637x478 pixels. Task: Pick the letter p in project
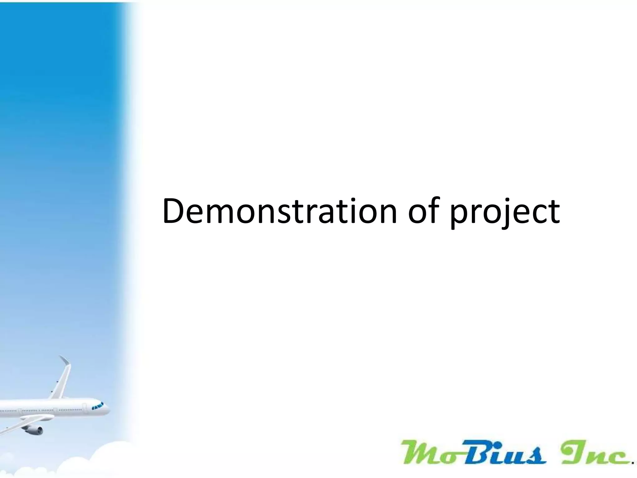459,216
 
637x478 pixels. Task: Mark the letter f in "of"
433,210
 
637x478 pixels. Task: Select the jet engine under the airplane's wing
34,430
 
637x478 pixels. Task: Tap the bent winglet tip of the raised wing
65,361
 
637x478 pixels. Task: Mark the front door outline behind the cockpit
84,407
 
